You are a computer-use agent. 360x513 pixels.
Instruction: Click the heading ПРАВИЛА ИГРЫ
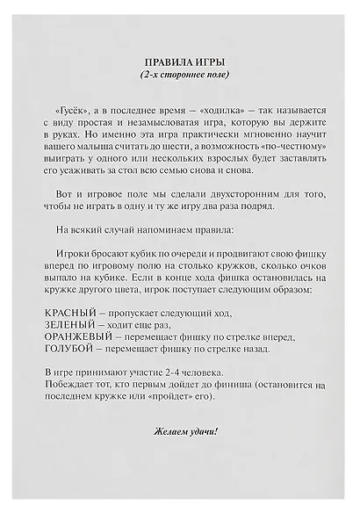(x=180, y=65)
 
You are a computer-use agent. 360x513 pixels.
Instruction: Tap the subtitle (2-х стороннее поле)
(x=180, y=77)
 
